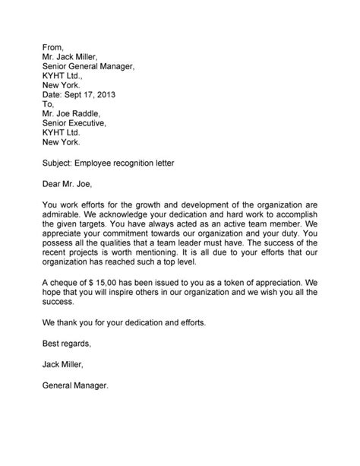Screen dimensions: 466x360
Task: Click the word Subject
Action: point(61,163)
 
